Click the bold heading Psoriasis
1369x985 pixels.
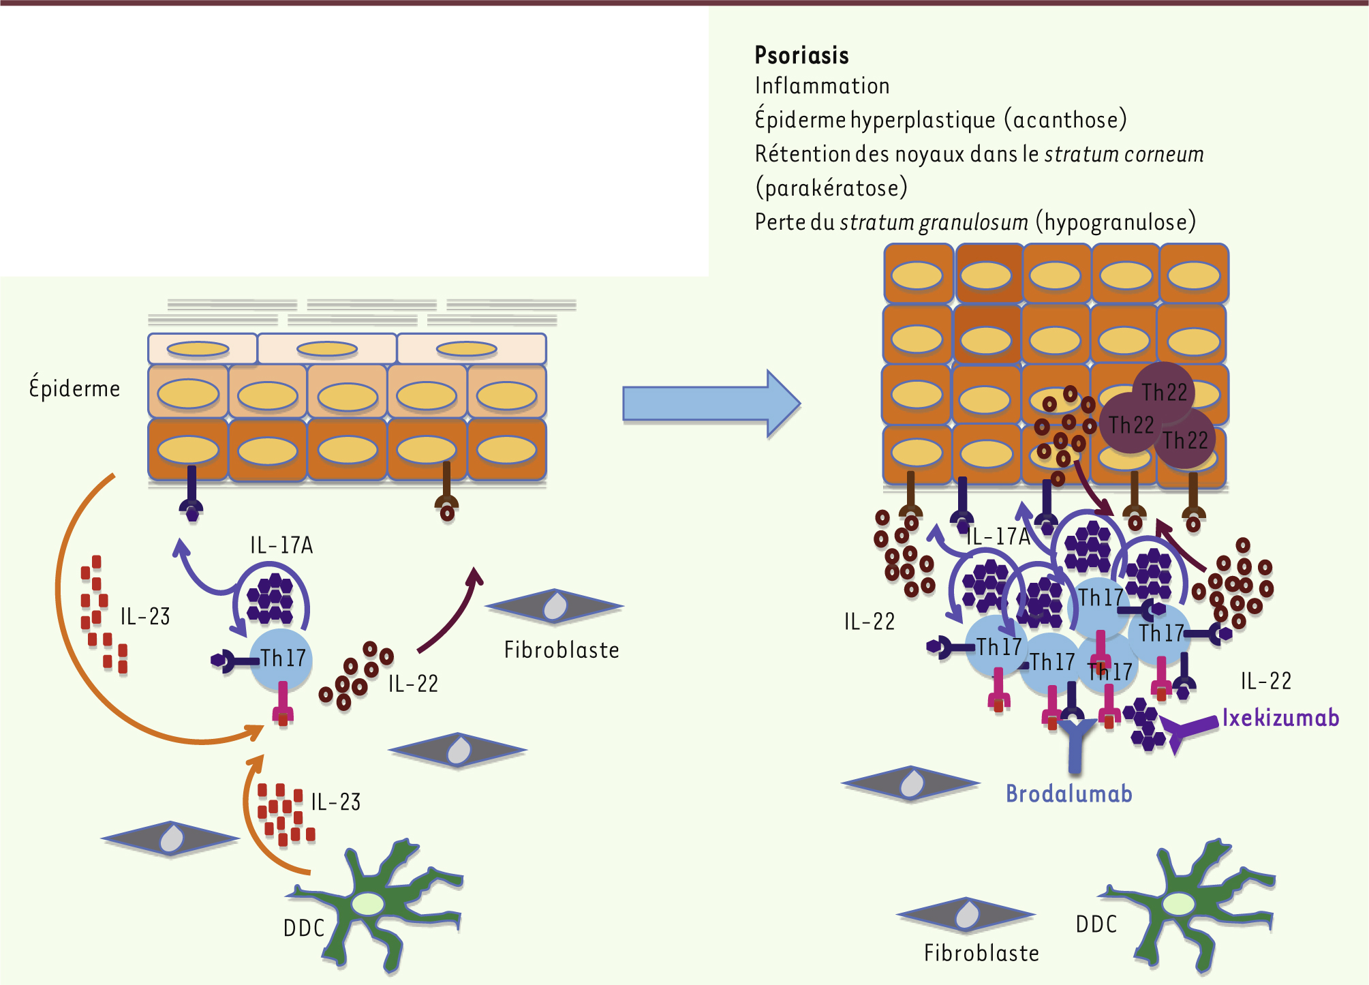[x=801, y=55]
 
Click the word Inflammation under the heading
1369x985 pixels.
[x=822, y=86]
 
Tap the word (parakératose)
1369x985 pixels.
[x=831, y=187]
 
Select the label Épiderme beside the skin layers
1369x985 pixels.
[x=74, y=389]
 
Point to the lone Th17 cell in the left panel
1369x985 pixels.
[x=281, y=659]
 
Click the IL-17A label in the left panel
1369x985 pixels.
[x=281, y=545]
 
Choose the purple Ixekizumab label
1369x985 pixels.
[x=1280, y=718]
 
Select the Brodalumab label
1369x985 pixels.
[x=1068, y=794]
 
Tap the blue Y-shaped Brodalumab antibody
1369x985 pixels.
[x=1075, y=743]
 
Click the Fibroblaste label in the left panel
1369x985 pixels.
[x=562, y=650]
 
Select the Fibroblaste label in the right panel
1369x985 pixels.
[x=981, y=953]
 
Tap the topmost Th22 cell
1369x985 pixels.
[x=1164, y=392]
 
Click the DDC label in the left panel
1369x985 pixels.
[x=304, y=928]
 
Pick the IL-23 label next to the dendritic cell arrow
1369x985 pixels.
[x=335, y=802]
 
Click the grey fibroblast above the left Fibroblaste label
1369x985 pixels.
[x=555, y=606]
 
